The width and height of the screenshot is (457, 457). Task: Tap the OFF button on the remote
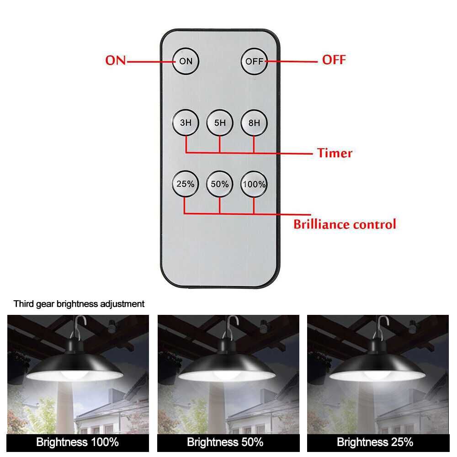[x=254, y=61]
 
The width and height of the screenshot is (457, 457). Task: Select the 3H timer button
[x=186, y=122]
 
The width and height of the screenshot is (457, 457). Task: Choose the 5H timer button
[x=220, y=122]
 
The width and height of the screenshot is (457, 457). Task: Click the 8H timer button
[x=254, y=122]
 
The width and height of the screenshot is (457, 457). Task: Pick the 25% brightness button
[x=186, y=184]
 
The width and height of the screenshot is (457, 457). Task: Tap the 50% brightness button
[x=219, y=184]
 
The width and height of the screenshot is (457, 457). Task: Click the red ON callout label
[x=116, y=60]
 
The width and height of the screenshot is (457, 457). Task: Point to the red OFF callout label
[x=334, y=60]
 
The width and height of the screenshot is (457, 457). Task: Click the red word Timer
[x=335, y=153]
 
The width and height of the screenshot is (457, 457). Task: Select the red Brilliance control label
[x=345, y=224]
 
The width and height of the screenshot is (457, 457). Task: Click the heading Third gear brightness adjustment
[x=79, y=304]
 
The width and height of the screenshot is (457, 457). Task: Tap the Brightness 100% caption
[x=78, y=442]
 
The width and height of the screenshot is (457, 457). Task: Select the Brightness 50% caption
[x=225, y=442]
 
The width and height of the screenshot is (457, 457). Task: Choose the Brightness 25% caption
[x=375, y=442]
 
